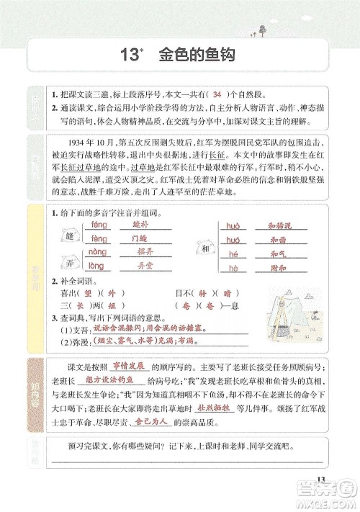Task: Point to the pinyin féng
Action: coord(99,225)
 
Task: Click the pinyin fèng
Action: coord(99,238)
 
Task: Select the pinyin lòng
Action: coord(98,266)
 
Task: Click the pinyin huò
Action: coord(232,225)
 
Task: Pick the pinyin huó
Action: coord(232,238)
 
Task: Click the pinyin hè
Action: coord(232,266)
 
